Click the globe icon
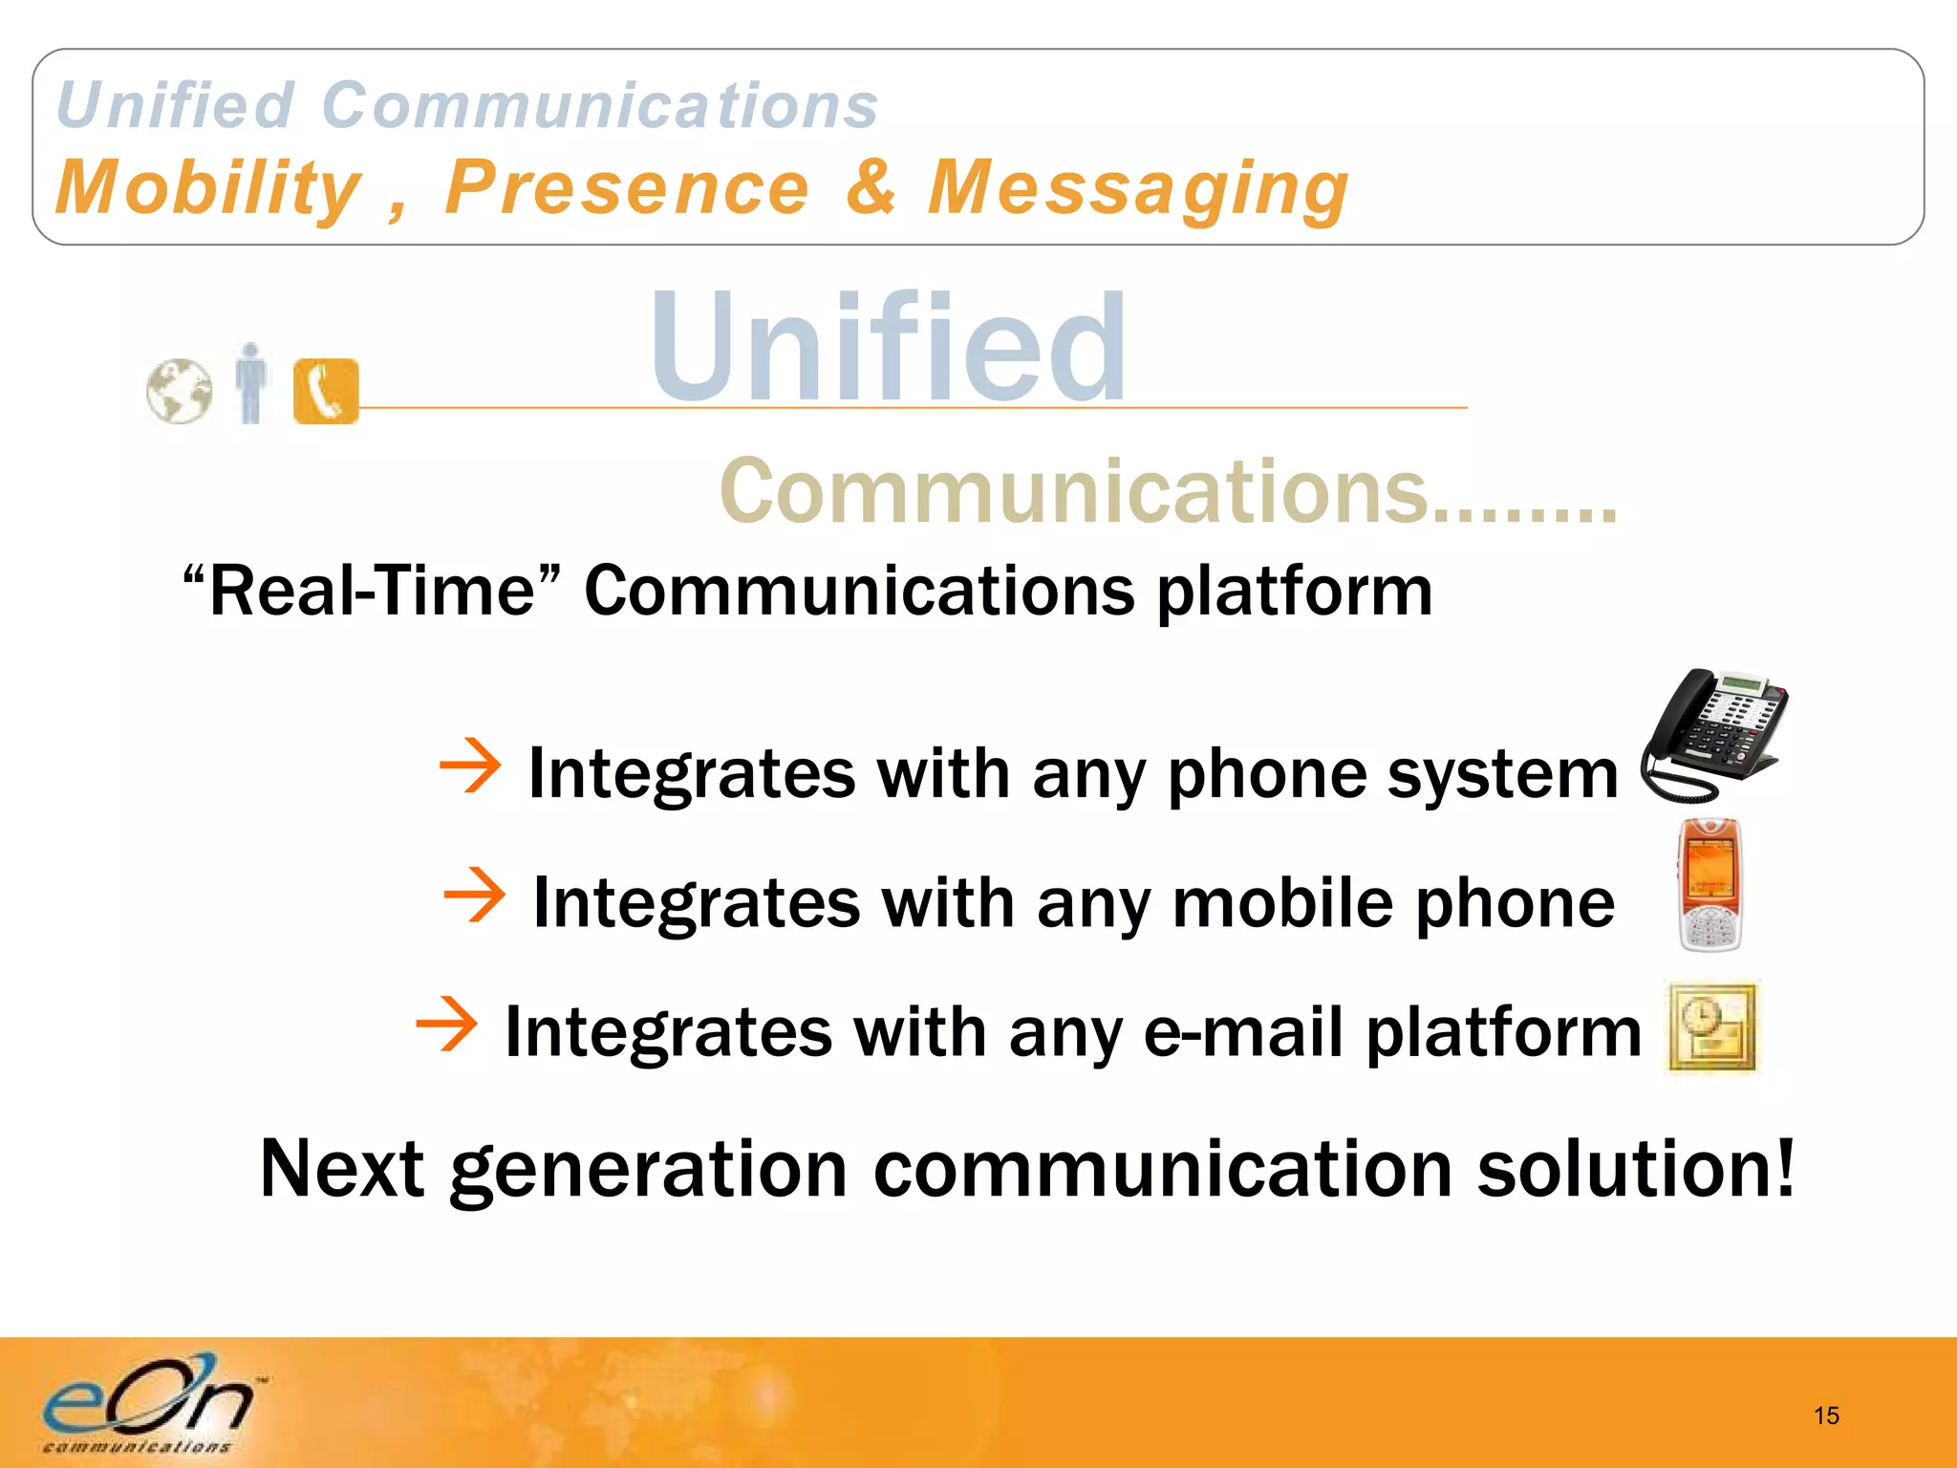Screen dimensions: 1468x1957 pyautogui.click(x=180, y=391)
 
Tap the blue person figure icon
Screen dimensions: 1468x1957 pyautogui.click(x=251, y=383)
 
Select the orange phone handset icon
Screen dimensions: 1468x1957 pyautogui.click(x=326, y=391)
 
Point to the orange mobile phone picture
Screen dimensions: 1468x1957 pyautogui.click(x=1710, y=885)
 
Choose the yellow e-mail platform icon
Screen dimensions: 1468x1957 pyautogui.click(x=1712, y=1027)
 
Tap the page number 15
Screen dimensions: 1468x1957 pyautogui.click(x=1826, y=1415)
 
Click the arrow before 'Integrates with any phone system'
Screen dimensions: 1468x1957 pyautogui.click(x=470, y=765)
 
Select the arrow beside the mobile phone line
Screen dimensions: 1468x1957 pyautogui.click(x=475, y=895)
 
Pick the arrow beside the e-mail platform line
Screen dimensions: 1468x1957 pyautogui.click(x=446, y=1024)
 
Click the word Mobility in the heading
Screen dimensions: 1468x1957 pyautogui.click(x=208, y=188)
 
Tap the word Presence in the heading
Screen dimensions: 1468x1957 pyautogui.click(x=627, y=188)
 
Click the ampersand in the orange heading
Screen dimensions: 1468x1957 pyautogui.click(x=871, y=186)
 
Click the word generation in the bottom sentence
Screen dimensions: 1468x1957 pyautogui.click(x=649, y=1170)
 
